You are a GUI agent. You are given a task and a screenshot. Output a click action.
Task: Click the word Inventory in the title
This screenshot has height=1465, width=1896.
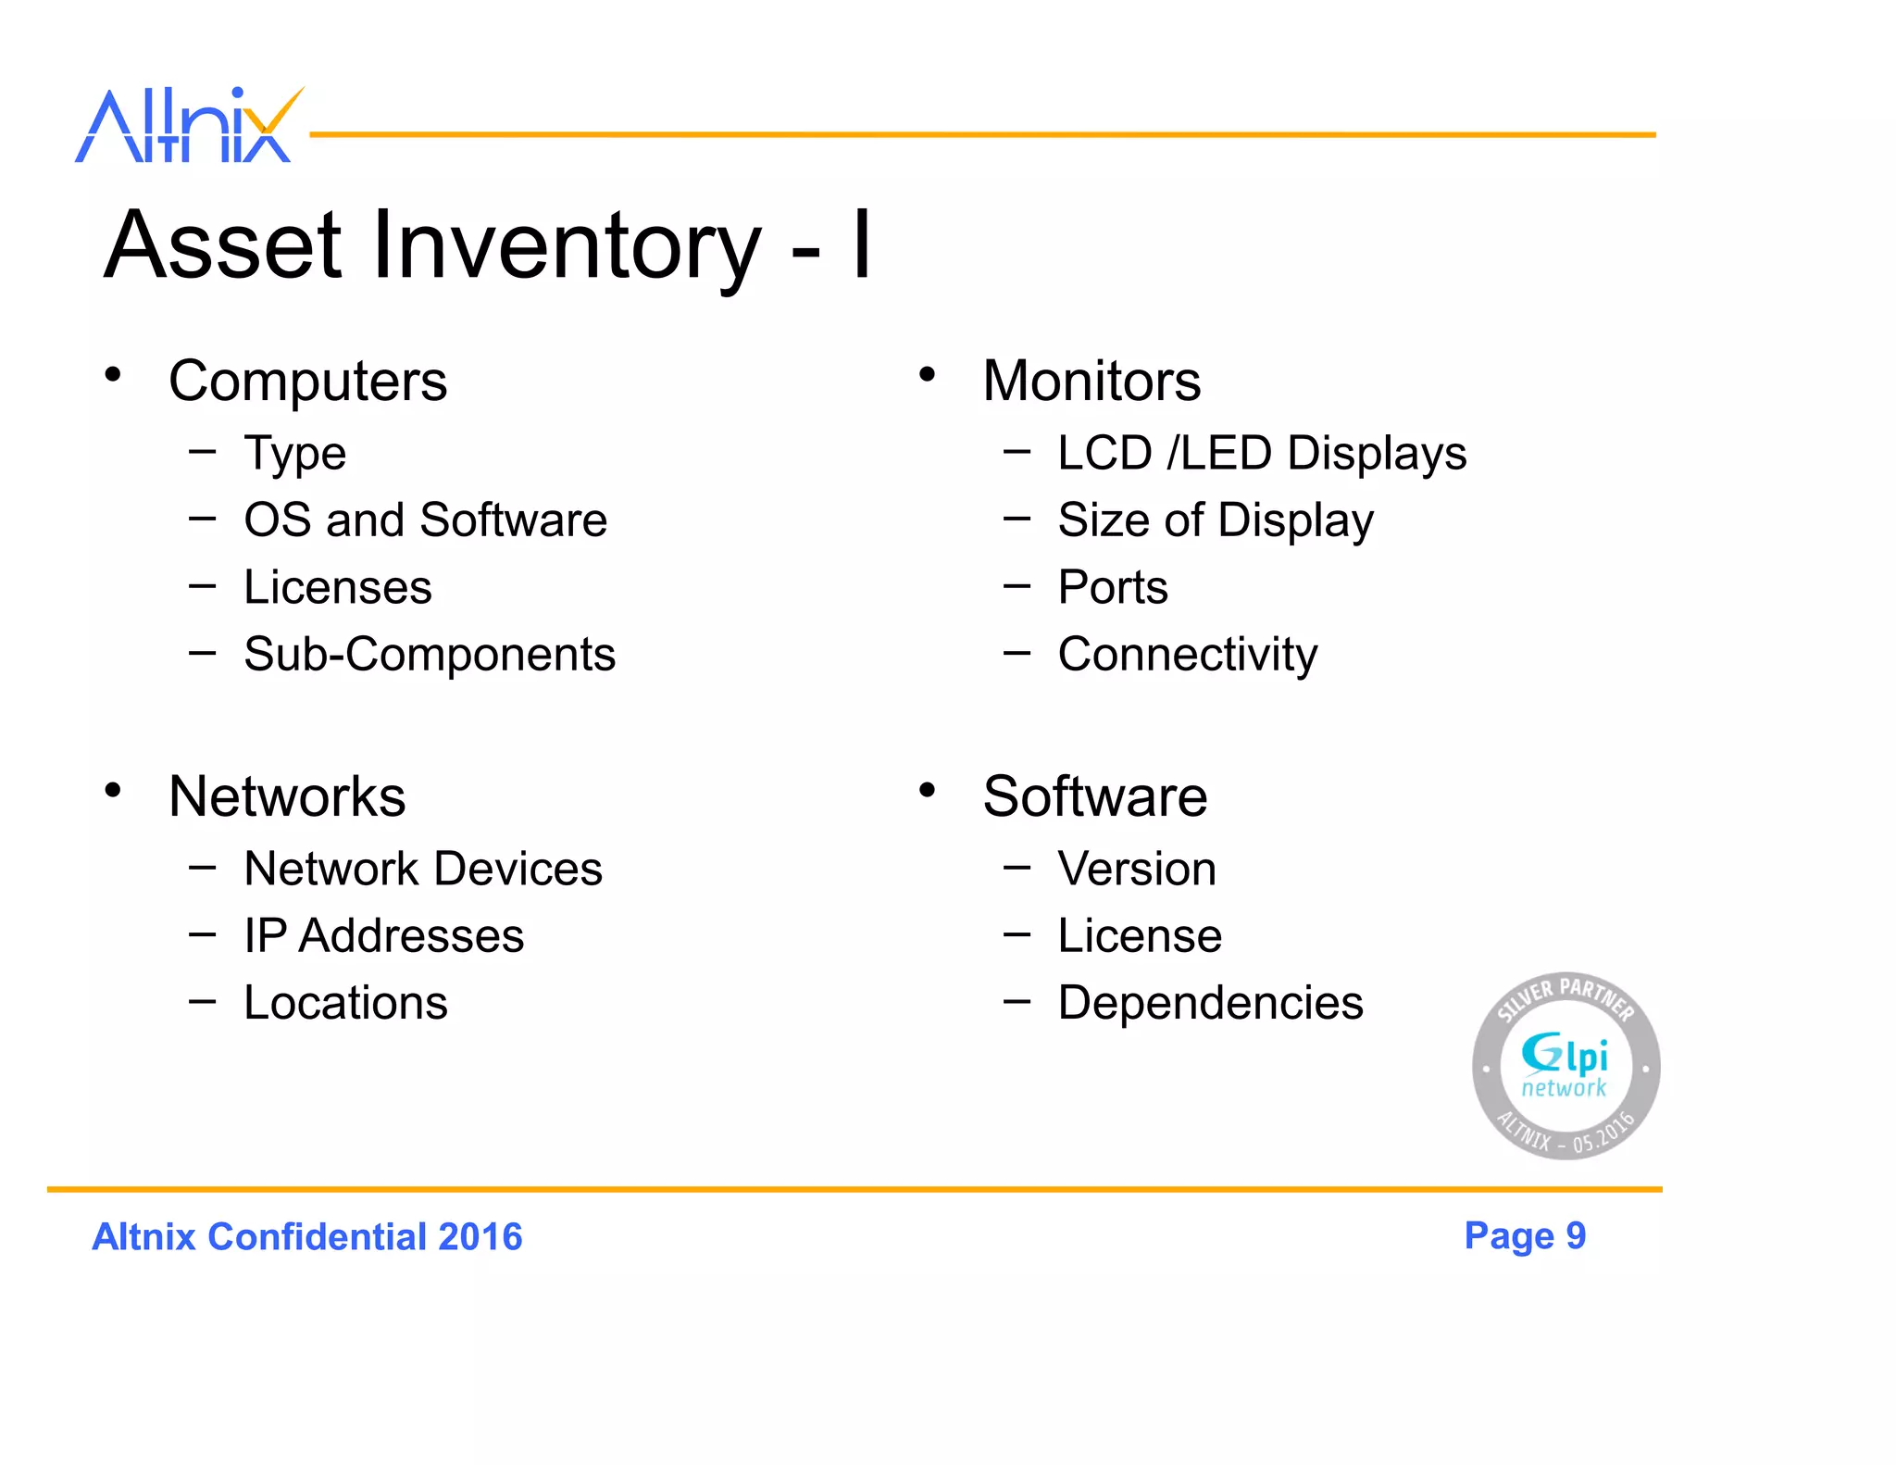tap(566, 245)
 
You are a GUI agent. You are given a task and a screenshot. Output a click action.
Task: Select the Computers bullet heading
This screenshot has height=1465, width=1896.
tap(307, 381)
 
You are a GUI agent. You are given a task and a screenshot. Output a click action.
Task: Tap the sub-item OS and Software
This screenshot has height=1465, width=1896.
tap(425, 520)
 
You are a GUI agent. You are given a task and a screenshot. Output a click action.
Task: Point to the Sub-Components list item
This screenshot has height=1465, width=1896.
tap(430, 655)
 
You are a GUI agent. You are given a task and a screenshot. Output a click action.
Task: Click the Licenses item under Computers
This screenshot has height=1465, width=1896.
tap(338, 587)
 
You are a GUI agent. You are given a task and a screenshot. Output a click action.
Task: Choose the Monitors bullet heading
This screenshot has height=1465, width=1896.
tap(1091, 381)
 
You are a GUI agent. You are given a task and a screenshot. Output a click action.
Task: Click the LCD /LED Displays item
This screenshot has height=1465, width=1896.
tap(1262, 454)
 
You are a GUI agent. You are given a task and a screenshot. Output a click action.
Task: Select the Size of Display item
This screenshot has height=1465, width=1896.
tap(1216, 520)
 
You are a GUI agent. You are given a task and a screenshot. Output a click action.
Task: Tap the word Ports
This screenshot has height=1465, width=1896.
tap(1113, 587)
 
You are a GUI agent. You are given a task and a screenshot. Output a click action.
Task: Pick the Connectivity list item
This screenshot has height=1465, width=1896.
tap(1188, 655)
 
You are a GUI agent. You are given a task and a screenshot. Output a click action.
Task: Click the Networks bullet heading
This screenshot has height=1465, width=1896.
tap(287, 796)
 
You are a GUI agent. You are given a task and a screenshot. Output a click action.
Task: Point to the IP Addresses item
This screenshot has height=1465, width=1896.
tap(383, 935)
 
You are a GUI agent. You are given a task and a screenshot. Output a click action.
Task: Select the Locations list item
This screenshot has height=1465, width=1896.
tap(345, 1003)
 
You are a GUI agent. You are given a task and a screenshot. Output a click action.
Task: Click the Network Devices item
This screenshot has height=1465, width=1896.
tap(423, 869)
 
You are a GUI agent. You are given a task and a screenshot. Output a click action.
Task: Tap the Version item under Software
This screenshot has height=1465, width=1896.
tap(1137, 869)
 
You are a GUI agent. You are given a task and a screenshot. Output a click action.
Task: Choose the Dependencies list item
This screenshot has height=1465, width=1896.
tap(1210, 1003)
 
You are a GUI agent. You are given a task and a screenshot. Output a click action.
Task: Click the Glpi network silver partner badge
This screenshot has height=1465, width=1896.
tap(1565, 1066)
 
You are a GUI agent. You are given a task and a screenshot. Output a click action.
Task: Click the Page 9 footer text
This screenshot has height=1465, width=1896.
tap(1525, 1235)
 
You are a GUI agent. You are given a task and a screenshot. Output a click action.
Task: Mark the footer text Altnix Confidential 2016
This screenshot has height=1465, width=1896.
tap(307, 1237)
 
